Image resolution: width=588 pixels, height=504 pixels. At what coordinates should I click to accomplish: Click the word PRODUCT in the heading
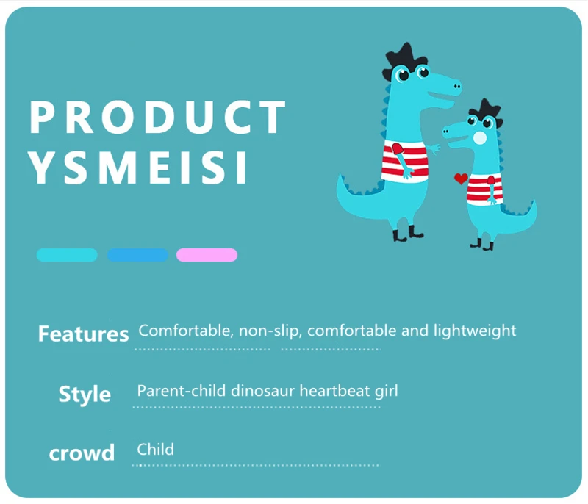[157, 117]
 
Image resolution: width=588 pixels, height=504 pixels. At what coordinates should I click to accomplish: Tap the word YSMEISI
[138, 168]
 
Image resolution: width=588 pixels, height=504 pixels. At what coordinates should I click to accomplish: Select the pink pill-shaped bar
[207, 255]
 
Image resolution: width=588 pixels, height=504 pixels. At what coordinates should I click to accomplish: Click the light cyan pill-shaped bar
[67, 255]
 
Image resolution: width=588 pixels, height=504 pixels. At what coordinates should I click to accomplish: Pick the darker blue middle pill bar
[137, 255]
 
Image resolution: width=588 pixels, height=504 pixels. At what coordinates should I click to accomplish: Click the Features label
[83, 334]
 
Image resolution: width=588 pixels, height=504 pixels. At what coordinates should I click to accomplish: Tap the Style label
[85, 394]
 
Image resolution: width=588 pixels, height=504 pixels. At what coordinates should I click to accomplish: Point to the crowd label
[82, 453]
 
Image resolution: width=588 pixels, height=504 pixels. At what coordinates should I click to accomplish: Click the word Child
[155, 450]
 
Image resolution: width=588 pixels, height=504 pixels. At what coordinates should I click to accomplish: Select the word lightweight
[475, 331]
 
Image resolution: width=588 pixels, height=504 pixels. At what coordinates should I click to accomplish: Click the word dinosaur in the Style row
[262, 391]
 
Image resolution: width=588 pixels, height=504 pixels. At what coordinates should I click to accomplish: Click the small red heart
[461, 179]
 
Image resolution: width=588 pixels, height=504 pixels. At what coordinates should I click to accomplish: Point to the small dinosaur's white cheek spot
[480, 138]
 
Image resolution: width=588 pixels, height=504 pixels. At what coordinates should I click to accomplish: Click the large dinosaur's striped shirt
[405, 161]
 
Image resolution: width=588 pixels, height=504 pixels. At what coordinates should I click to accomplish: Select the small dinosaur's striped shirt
[484, 190]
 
